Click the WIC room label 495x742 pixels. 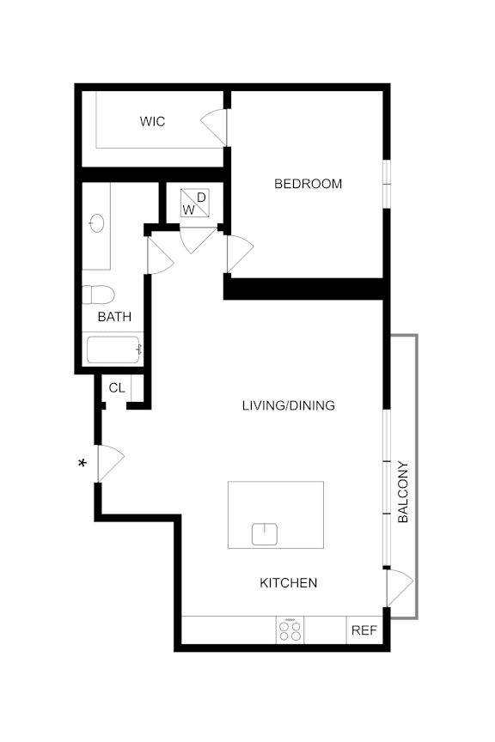(152, 122)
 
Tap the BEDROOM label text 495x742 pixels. (308, 184)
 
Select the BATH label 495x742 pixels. (114, 317)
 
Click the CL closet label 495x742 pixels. (117, 388)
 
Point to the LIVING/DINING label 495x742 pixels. (288, 405)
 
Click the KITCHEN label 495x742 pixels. (289, 583)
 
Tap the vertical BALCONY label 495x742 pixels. (403, 493)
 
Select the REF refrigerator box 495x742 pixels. (364, 630)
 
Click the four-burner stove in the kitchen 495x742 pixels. (290, 630)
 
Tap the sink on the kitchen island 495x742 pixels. (266, 534)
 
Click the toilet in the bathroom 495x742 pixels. (98, 295)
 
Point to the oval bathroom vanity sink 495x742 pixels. (96, 224)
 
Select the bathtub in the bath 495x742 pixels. (114, 350)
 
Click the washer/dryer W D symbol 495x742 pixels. (194, 204)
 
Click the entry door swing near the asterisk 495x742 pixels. (110, 464)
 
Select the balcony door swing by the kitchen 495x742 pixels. (400, 588)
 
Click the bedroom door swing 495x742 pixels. (240, 253)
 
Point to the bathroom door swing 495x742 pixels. (161, 255)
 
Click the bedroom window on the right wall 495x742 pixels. (387, 183)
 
